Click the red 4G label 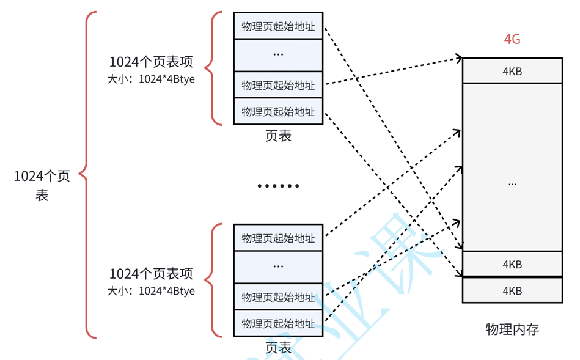point(512,40)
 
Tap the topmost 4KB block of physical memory point(512,71)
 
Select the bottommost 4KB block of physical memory point(512,290)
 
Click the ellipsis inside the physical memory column point(512,183)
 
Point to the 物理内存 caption point(512,329)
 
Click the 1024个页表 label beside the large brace point(42,185)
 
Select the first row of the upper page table point(278,26)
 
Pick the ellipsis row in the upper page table point(278,55)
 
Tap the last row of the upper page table point(278,112)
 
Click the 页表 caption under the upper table point(278,136)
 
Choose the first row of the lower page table point(278,237)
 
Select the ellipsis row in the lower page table point(278,266)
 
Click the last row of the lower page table point(278,323)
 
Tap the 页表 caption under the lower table point(278,347)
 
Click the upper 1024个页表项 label point(151,62)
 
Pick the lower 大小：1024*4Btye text point(151,291)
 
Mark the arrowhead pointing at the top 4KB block point(458,59)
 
